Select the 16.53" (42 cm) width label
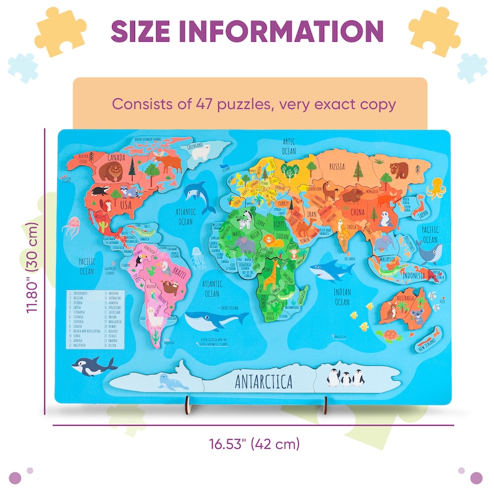click(254, 444)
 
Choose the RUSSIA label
click(337, 166)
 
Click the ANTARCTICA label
click(264, 381)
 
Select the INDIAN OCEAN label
click(342, 297)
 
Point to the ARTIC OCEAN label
click(288, 147)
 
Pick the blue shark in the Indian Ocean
click(327, 269)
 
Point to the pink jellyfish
click(73, 225)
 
